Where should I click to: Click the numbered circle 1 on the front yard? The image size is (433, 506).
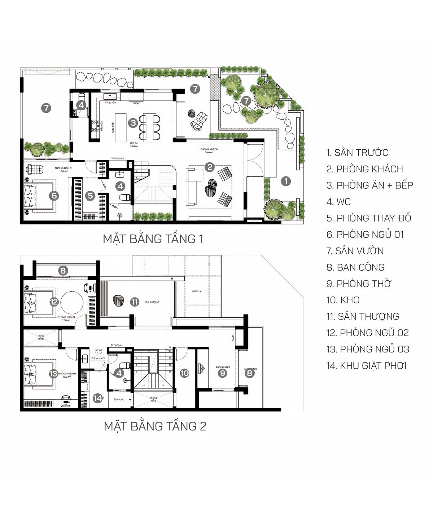point(286,181)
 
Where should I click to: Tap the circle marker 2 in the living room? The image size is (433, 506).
point(209,167)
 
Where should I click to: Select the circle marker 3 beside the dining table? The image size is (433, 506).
point(134,123)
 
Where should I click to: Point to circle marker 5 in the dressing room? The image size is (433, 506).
point(90,196)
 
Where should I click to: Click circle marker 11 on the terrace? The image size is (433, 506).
point(135,302)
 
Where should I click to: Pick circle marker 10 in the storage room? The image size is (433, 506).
point(184,373)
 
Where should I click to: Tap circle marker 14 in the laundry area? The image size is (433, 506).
point(97,398)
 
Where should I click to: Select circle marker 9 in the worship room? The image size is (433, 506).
point(222,373)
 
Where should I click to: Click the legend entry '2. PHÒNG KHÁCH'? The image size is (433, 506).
point(364,169)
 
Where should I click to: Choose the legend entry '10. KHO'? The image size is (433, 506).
point(343,300)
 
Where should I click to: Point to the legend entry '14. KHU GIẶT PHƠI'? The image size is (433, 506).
point(366,366)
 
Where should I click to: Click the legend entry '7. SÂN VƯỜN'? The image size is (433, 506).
point(355,251)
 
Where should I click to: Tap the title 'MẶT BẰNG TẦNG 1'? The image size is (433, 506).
point(153,239)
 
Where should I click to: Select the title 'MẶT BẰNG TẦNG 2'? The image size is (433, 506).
point(155,426)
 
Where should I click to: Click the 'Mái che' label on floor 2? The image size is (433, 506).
point(197,291)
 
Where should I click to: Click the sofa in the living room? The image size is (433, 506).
point(193,186)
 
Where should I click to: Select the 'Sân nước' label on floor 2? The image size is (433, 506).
point(119,399)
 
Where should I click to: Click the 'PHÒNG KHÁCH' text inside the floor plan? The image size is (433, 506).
point(209,149)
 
